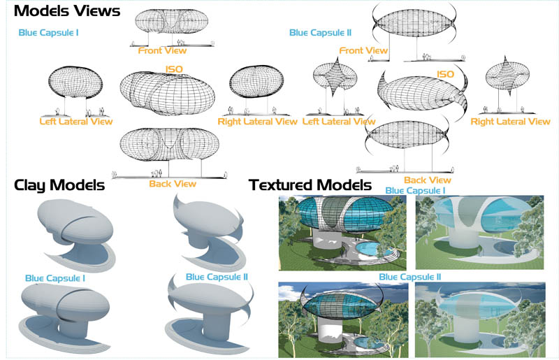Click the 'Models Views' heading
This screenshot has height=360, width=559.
[x=67, y=11]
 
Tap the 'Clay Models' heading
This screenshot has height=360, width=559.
[x=59, y=185]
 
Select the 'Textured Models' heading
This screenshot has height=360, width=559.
[x=310, y=185]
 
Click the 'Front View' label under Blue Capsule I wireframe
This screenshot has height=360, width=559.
[x=163, y=50]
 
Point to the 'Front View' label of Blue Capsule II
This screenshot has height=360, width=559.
[x=363, y=50]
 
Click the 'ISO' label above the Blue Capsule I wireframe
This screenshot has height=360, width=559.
[x=173, y=69]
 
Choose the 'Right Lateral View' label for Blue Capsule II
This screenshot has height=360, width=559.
[x=510, y=122]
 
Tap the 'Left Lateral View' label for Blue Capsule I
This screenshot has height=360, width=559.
[x=74, y=122]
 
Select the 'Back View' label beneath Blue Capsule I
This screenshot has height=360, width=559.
[x=173, y=184]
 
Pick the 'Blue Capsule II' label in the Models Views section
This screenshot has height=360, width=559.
[x=320, y=32]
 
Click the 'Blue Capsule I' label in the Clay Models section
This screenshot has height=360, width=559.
[x=56, y=278]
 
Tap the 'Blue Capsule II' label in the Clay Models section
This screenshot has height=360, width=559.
[x=217, y=277]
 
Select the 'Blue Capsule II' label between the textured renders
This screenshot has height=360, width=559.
[x=410, y=278]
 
